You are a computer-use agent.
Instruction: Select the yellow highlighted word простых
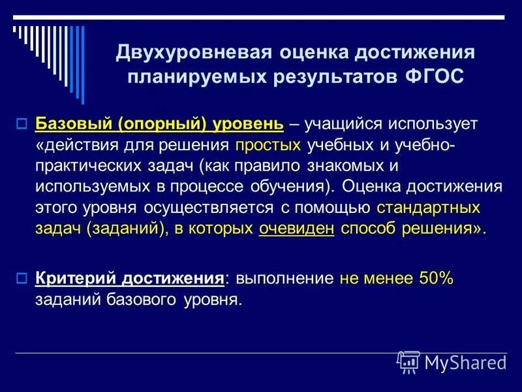click(269, 144)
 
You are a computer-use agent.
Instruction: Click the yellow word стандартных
click(428, 208)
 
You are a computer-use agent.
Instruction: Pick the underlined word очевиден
click(296, 229)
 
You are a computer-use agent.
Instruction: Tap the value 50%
click(436, 278)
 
